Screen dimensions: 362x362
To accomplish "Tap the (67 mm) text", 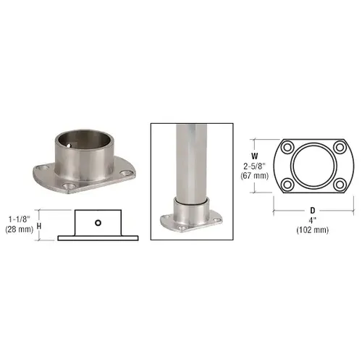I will point(254,175).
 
